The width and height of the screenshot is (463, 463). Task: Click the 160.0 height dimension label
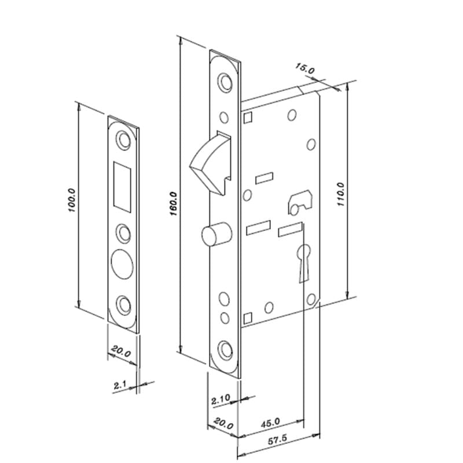(x=174, y=204)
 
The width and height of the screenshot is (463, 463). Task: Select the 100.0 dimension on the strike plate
(x=72, y=200)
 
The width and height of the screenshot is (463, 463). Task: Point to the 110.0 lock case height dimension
(x=340, y=194)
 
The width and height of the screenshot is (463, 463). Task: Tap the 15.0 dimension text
(x=305, y=69)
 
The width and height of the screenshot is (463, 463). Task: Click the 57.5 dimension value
(x=277, y=440)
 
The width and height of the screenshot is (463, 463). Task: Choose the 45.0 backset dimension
(x=270, y=423)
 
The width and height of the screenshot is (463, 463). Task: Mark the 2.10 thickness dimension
(x=221, y=400)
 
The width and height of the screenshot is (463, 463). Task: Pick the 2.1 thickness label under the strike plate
(x=120, y=385)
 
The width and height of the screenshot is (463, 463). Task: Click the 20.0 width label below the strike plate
(x=121, y=351)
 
